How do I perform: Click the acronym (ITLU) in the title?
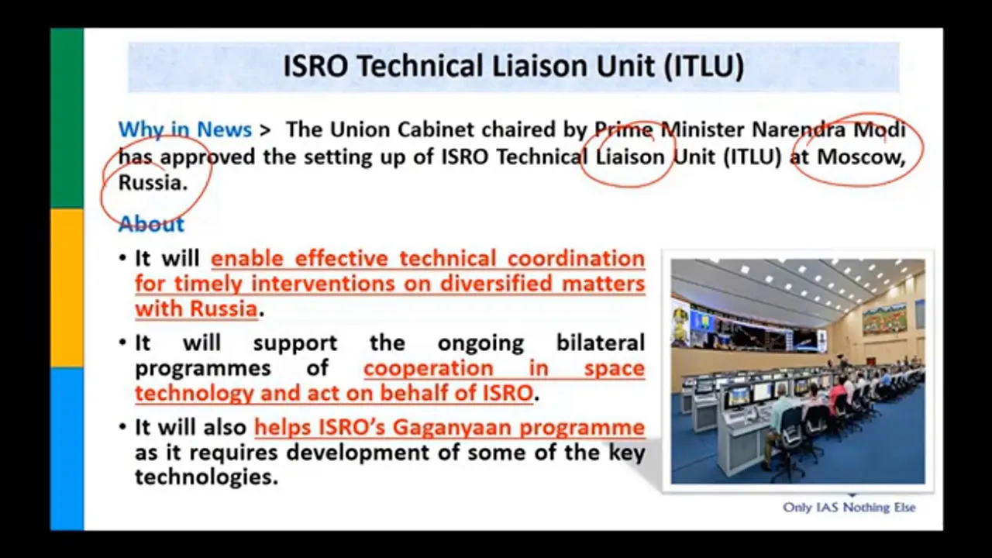pos(704,67)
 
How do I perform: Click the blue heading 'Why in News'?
pos(184,129)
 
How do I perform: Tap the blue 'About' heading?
pos(151,224)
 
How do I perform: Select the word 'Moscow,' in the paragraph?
pos(861,157)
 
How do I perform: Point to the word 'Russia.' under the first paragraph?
pos(153,183)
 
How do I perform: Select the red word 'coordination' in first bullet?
pos(576,259)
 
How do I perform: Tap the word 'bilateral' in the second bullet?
pos(600,343)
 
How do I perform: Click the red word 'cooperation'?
pos(429,369)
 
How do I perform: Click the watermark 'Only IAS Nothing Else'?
pos(849,508)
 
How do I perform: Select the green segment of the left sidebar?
pos(67,119)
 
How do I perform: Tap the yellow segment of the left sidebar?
pos(67,288)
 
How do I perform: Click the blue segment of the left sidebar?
pos(67,449)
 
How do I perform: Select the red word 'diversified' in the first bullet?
pos(495,284)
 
